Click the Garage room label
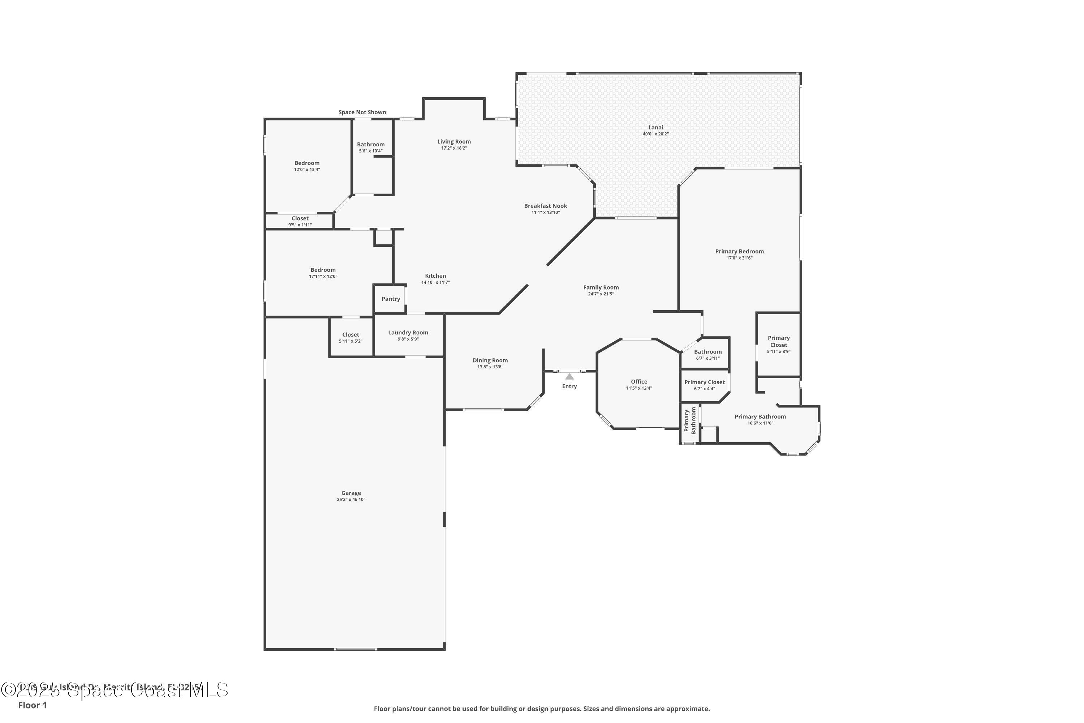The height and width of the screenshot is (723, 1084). (x=351, y=493)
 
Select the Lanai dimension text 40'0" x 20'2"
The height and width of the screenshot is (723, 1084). (x=655, y=134)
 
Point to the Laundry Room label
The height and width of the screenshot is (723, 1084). (x=408, y=333)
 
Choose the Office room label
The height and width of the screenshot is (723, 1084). (x=639, y=382)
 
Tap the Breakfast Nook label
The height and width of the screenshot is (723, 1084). (x=545, y=206)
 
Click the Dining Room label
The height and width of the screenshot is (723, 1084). (x=490, y=360)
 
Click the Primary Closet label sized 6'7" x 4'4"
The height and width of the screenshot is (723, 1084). (x=704, y=382)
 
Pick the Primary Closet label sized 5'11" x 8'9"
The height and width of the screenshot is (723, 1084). (x=778, y=341)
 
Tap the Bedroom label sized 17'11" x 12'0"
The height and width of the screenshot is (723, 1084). (x=323, y=270)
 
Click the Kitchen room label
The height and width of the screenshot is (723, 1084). (x=435, y=276)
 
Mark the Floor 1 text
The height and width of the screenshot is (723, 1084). (x=32, y=705)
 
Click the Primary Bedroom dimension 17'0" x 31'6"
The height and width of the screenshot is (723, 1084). (x=739, y=258)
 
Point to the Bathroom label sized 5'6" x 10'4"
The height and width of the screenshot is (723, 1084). (x=371, y=144)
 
